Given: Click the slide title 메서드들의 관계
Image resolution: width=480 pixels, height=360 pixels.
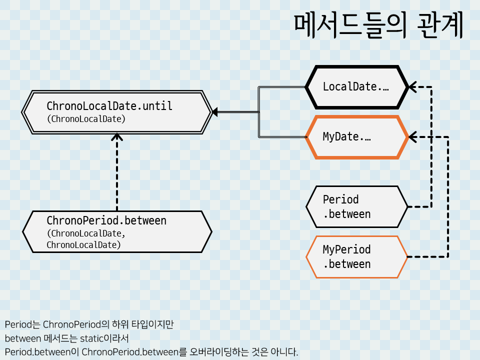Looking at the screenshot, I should [x=378, y=26].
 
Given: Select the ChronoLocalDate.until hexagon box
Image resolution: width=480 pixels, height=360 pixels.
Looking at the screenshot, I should [x=117, y=112].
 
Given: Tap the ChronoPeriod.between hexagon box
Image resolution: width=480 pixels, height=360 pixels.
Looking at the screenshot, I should [x=117, y=232].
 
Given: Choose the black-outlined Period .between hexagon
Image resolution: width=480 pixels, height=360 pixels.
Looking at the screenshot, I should [x=357, y=207].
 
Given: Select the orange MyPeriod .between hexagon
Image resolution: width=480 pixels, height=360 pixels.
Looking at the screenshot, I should [x=357, y=257].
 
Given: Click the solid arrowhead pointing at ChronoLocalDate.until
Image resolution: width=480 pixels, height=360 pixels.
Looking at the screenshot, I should [x=215, y=112].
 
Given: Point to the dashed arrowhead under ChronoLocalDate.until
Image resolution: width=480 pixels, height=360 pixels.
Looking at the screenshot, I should [x=117, y=136].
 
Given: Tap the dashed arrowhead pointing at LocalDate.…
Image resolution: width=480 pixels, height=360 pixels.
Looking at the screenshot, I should [x=412, y=87].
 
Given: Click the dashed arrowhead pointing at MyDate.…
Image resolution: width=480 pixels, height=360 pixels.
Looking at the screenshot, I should [x=412, y=137].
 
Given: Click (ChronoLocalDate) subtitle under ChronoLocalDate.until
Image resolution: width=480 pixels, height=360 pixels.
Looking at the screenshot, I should [x=85, y=119].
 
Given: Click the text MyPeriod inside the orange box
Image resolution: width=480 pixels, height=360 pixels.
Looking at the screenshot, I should [x=346, y=249].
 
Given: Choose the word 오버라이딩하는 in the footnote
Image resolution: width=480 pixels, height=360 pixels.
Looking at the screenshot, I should [x=219, y=352].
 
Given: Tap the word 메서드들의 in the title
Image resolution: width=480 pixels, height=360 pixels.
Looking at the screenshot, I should [x=350, y=26].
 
